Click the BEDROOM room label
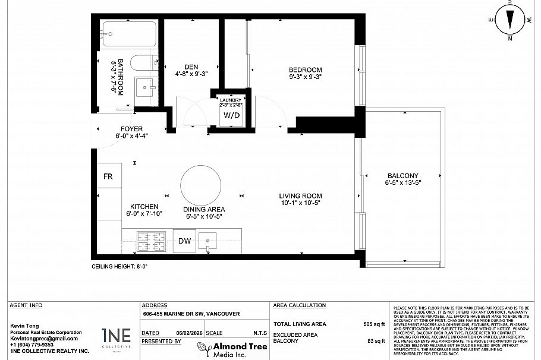point(305,70)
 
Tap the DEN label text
point(191,67)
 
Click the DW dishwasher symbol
point(185,241)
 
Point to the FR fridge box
point(109,176)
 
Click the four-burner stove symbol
point(151,241)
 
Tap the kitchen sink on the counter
point(209,241)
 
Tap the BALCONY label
point(402,176)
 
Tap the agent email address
point(44,338)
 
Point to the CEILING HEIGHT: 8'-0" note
point(119,267)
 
